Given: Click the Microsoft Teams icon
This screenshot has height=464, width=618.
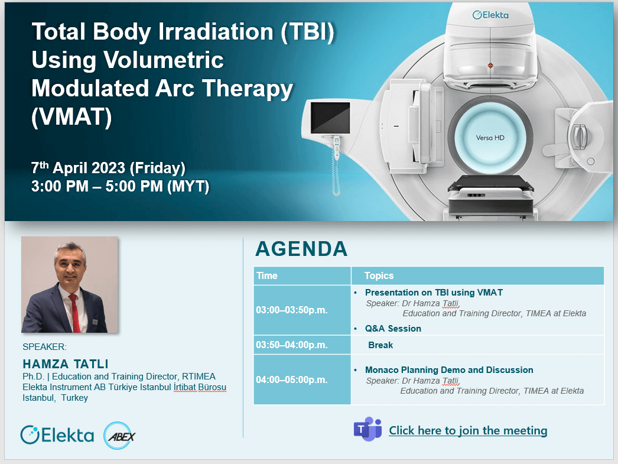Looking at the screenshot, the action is pos(367,429).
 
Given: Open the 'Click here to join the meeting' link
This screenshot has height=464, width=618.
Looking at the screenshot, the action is pos(468,430).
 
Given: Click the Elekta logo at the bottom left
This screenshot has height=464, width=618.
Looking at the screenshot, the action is pos(57,435).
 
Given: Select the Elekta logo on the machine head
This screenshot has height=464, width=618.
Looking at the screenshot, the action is pos(490,15).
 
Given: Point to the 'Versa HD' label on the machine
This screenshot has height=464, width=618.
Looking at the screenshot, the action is pos(490,138).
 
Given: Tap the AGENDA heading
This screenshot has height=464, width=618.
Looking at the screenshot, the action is pos(301,249).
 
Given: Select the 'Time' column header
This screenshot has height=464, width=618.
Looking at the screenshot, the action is pos(267,275).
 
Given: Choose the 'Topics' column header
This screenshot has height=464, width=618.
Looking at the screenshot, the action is pos(379,275).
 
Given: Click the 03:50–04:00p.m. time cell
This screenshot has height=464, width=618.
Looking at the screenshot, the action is pos(292,345).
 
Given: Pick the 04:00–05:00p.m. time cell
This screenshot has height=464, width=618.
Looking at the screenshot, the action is pos(292,379).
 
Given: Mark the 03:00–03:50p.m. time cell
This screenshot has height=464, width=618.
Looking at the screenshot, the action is pos(292,310).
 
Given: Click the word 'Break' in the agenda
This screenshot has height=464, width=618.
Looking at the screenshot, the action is pos(380,345).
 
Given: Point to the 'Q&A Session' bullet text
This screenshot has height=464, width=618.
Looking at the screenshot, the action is pos(393,329).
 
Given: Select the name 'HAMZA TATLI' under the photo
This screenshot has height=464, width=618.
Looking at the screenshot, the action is pos(66,364).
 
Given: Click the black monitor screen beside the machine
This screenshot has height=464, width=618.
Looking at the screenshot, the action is pos(330,118).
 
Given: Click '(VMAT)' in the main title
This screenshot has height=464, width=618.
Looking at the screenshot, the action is pos(71,117).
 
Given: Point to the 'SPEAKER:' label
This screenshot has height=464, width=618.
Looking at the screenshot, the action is pos(44,347).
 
